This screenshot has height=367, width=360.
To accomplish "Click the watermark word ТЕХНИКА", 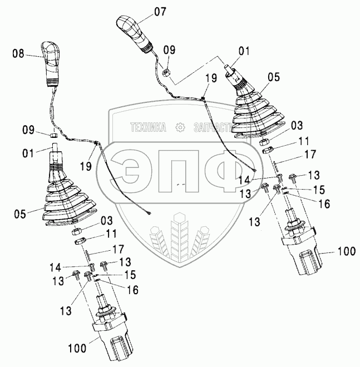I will coord(148,127).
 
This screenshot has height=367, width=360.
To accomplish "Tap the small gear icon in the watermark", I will coord(180,127).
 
